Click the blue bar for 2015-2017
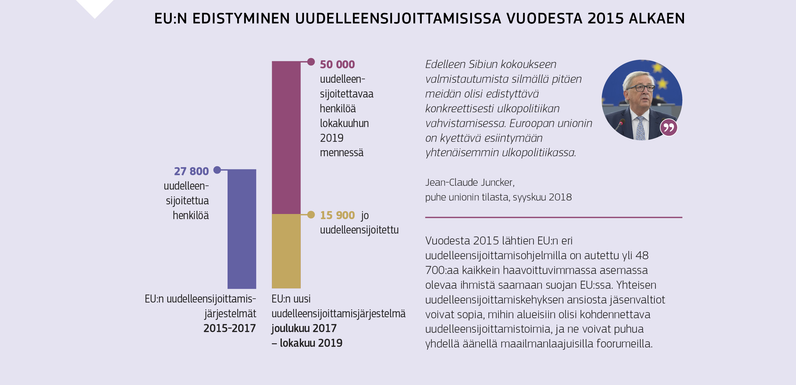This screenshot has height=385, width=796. [x=242, y=229]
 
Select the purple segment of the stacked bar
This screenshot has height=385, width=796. [x=286, y=137]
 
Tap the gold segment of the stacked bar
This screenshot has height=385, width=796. [x=286, y=251]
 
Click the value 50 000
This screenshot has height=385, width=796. [x=337, y=64]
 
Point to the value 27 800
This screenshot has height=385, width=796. [x=191, y=171]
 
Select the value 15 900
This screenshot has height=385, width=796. [x=337, y=215]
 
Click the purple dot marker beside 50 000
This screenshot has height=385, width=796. [x=311, y=62]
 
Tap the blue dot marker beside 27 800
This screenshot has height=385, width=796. [x=217, y=170]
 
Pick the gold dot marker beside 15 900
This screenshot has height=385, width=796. [x=311, y=215]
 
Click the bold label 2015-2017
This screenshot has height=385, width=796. [x=229, y=328]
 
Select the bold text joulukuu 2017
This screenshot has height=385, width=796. [x=304, y=328]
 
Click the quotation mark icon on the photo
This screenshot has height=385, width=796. [x=669, y=128]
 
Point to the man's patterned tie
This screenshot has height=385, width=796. [x=640, y=128]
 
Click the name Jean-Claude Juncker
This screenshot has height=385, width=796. [x=470, y=182]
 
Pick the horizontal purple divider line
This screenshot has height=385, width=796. [x=553, y=217]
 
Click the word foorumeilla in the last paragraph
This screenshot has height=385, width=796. [x=624, y=344]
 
